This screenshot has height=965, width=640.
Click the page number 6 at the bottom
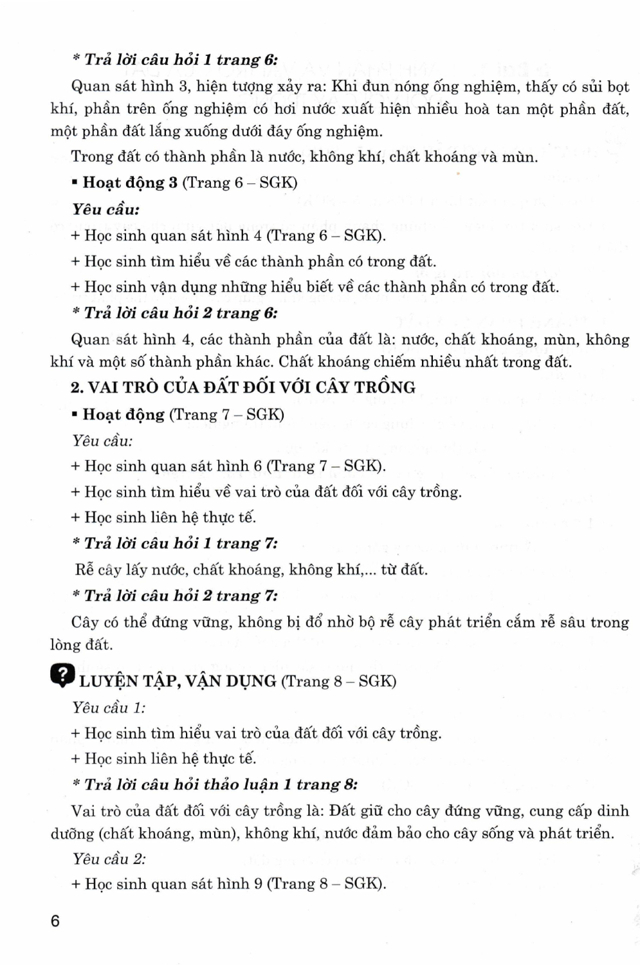point(55,921)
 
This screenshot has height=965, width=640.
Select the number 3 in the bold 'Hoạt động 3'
point(172,183)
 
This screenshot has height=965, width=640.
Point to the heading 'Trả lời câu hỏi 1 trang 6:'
point(174,60)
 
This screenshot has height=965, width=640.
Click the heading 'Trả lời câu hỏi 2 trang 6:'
point(174,313)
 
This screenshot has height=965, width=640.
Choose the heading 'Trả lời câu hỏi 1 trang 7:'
point(174,544)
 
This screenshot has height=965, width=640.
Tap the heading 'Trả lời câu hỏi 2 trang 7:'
point(174,596)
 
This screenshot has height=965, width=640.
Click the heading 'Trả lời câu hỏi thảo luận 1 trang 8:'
point(214,785)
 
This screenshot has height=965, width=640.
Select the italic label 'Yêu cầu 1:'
point(109,708)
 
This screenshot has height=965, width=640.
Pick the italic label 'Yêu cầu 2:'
point(109,859)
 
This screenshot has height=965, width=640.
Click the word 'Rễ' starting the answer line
point(84,569)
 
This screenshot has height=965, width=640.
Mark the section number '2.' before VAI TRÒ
point(77,387)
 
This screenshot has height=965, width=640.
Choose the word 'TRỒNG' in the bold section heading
point(385,387)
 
